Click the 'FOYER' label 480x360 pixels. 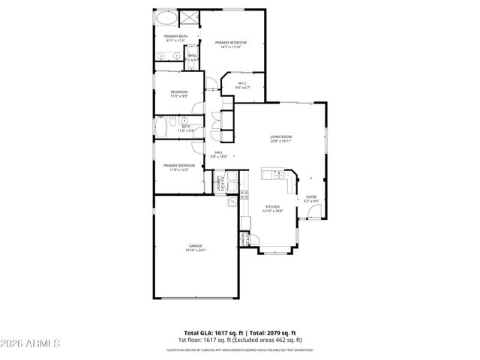point(310,199)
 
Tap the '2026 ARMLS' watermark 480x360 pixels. point(32,343)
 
